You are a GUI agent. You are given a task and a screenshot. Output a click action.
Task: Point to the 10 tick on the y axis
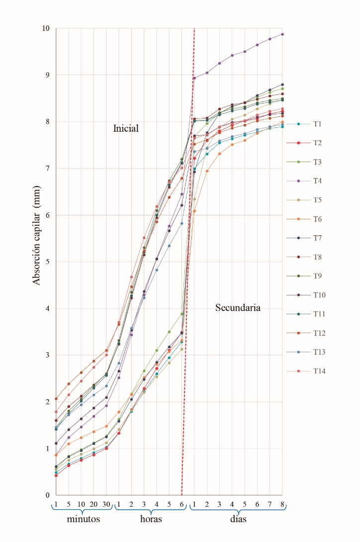[x=45, y=28]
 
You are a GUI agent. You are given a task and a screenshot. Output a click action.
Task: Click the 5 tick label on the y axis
[x=47, y=262]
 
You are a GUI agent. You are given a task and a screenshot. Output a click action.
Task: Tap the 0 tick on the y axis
[x=47, y=495]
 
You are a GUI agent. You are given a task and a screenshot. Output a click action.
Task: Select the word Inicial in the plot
[x=125, y=129]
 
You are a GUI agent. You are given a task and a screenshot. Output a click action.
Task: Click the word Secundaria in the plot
[x=238, y=308]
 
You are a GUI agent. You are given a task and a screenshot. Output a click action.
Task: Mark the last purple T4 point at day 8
[x=282, y=34]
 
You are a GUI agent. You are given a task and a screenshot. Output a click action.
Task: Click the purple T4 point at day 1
[x=194, y=78]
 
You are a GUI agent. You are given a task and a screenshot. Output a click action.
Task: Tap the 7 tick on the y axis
[x=47, y=169]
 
